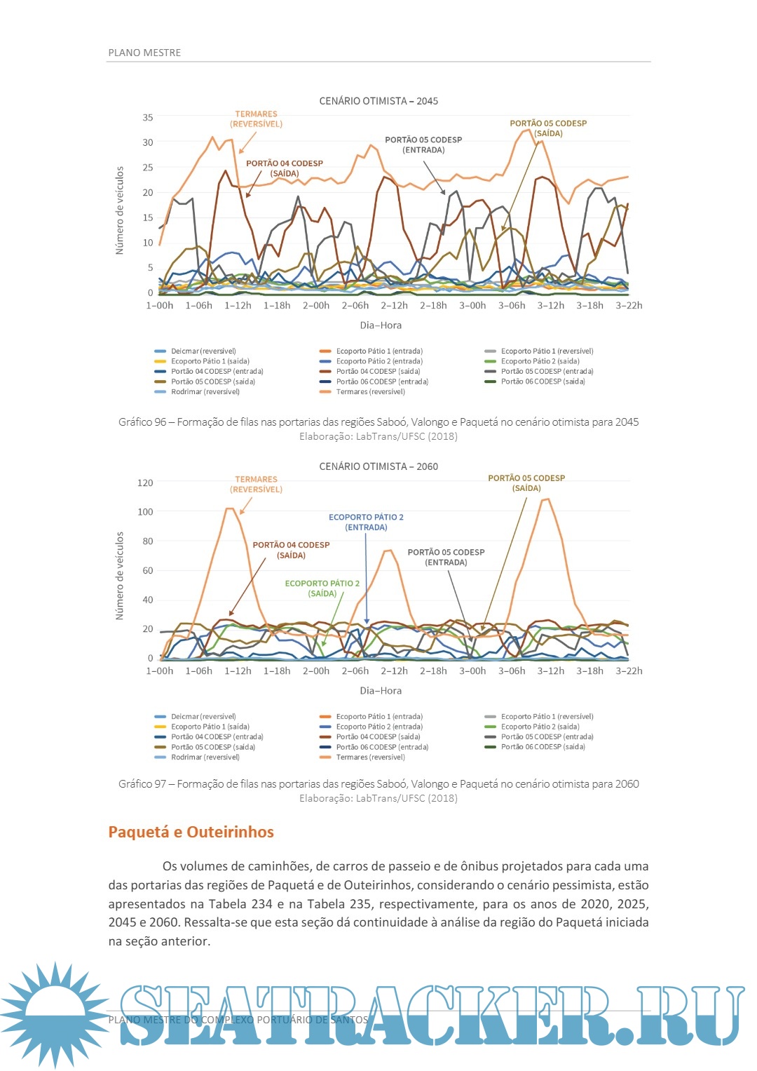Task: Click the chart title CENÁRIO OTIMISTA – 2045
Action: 378,101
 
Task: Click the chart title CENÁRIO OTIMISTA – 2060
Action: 378,466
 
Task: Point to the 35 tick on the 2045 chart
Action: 148,118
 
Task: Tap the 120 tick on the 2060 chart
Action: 145,483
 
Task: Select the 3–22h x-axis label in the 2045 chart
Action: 629,306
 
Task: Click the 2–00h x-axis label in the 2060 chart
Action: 316,671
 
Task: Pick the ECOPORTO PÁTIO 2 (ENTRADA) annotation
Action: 366,523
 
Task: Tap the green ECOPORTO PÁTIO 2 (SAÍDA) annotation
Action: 322,588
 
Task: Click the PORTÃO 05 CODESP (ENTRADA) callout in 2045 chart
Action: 423,145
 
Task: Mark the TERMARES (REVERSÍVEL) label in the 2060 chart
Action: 257,485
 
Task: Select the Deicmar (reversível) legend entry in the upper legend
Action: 203,351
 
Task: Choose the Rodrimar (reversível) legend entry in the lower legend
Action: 205,757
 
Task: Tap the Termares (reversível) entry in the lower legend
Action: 370,757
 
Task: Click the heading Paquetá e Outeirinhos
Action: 191,833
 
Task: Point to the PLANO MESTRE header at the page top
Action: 144,53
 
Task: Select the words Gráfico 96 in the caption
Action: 142,422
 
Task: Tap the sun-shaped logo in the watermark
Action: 55,1014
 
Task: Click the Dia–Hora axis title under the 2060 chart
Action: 381,691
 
